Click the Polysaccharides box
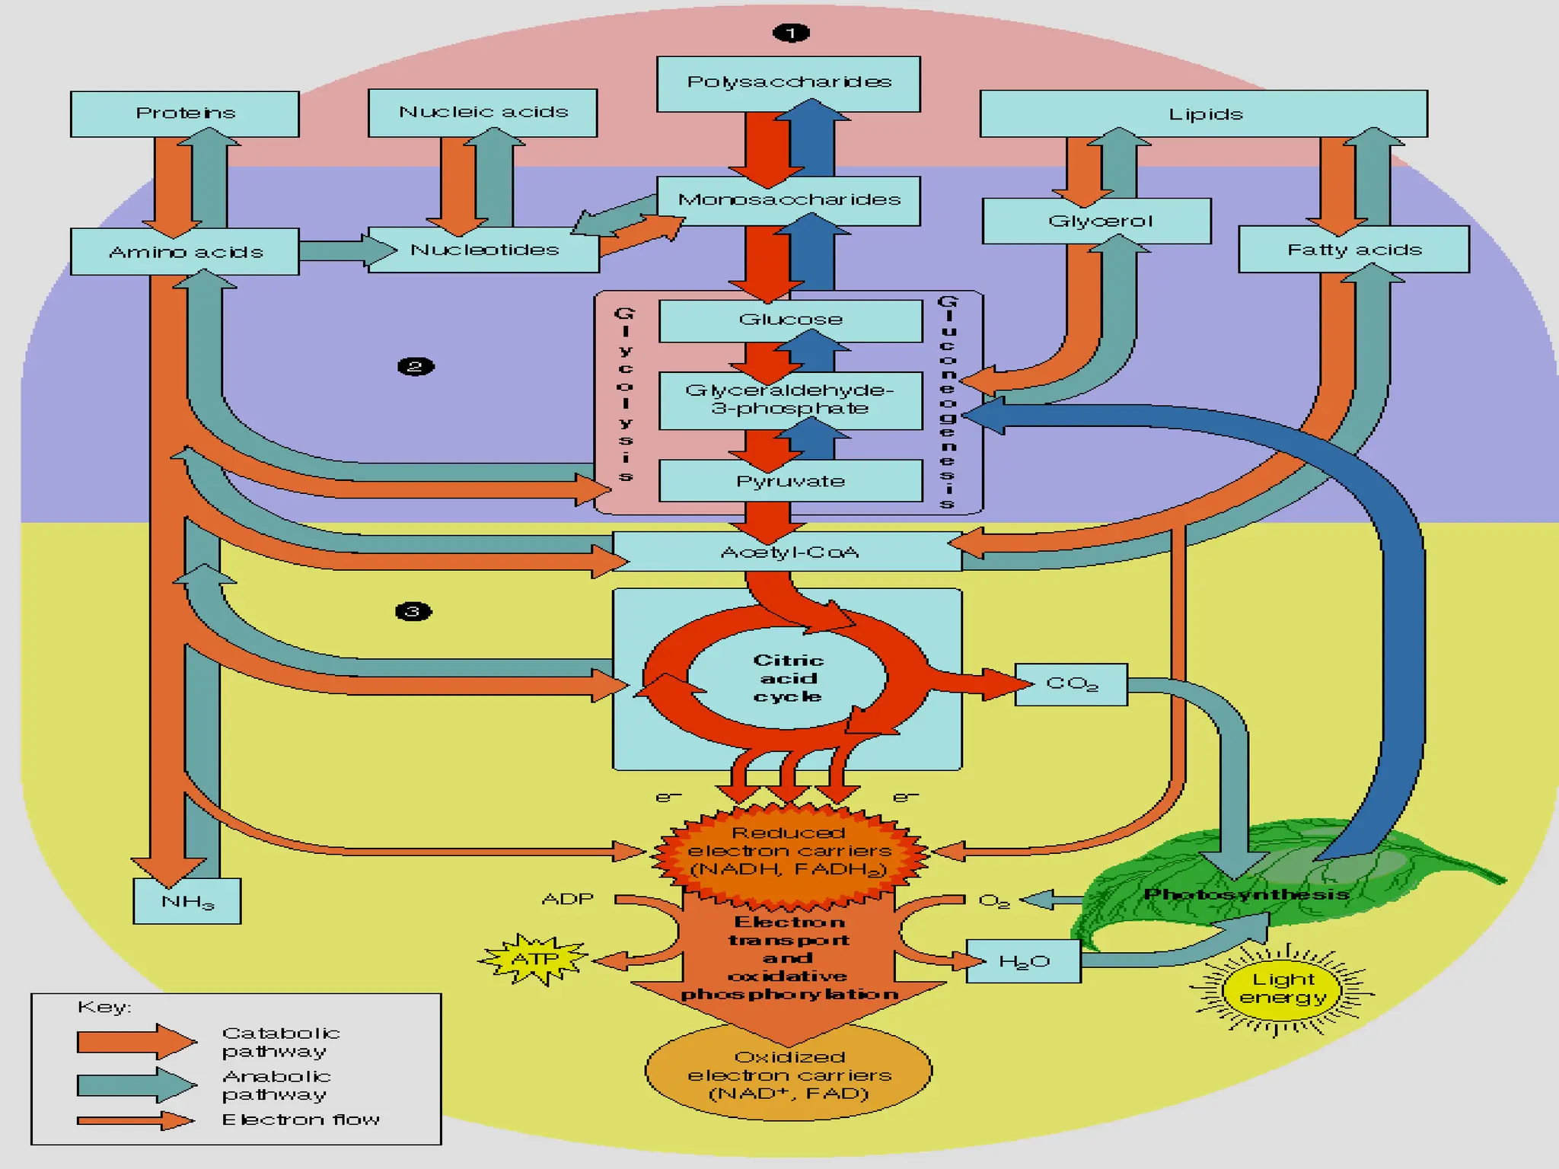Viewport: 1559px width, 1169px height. pos(789,83)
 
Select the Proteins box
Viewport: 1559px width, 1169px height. pos(185,113)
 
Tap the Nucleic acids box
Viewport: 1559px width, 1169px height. pos(483,112)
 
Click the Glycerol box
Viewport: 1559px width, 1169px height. pos(1097,221)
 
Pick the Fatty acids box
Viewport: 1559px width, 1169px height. pos(1353,250)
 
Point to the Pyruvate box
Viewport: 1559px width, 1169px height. pos(790,481)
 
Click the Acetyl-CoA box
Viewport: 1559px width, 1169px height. pos(789,552)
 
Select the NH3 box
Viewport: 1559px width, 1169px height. pos(187,902)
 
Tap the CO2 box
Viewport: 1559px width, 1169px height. pos(1071,684)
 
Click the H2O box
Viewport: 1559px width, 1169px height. pos(1023,961)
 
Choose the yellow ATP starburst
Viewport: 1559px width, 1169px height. pos(534,959)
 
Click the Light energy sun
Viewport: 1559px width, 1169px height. pos(1283,989)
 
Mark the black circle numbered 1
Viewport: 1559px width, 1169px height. pos(790,33)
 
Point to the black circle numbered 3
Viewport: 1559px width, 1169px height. pos(413,611)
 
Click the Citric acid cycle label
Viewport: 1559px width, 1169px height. pos(788,678)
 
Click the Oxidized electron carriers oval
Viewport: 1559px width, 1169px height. pos(789,1074)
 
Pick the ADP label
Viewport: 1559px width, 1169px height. pos(567,899)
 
